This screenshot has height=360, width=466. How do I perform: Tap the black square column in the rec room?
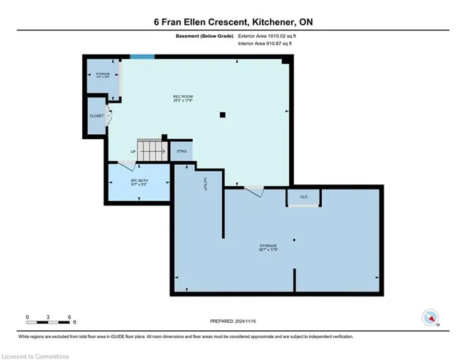223,114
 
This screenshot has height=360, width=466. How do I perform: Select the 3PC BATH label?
138,181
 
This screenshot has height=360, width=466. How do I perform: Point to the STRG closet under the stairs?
181,152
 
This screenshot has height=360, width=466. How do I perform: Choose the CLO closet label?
303,197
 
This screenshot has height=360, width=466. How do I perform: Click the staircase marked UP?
152,151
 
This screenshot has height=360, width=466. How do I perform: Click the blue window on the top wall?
142,56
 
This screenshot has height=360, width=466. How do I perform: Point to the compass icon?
430,318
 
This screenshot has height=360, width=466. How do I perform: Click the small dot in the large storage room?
293,240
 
